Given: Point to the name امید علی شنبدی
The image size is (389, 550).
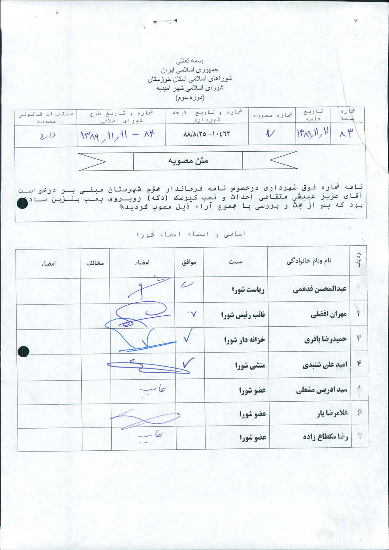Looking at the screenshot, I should [x=325, y=365].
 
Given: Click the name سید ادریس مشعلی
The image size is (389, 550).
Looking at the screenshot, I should [x=322, y=390].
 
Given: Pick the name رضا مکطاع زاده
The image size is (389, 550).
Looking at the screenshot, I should [x=326, y=437].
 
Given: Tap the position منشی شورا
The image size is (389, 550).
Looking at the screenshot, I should [x=250, y=366].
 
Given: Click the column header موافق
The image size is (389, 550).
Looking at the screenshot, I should [x=189, y=262].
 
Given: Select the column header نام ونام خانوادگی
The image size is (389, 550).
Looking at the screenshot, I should [x=308, y=261].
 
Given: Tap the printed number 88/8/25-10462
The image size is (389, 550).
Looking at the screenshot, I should [x=207, y=134].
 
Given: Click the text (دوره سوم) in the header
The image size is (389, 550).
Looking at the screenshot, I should [x=190, y=98].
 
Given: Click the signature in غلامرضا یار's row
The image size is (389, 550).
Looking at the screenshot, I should [x=144, y=418].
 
